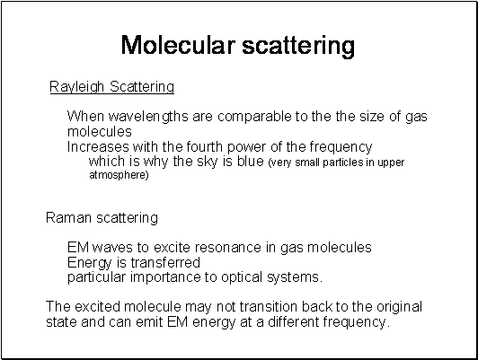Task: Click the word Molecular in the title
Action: tap(178, 45)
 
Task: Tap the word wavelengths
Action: tap(148, 117)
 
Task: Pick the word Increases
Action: tap(98, 147)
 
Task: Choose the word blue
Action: tap(251, 161)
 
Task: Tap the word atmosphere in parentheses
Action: tap(118, 175)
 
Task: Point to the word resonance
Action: tap(228, 247)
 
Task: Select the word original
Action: tap(399, 307)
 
